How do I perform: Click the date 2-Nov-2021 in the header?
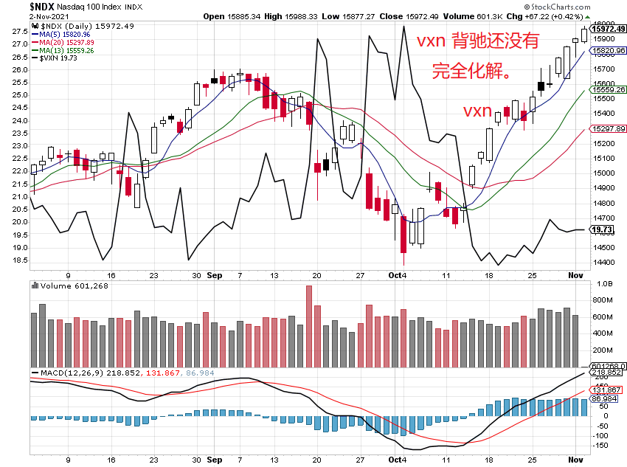[x=22, y=15]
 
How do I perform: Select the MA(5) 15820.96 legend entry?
[x=67, y=34]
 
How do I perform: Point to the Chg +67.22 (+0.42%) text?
[x=545, y=15]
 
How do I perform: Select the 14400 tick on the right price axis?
[x=604, y=263]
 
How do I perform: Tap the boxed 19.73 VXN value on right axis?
[x=609, y=229]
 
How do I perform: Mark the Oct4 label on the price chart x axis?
[x=398, y=274]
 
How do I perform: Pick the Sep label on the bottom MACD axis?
[x=215, y=459]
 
